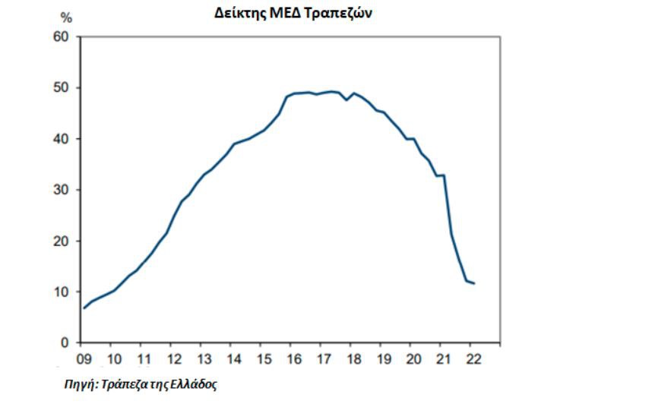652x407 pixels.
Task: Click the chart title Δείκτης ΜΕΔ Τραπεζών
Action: (293, 12)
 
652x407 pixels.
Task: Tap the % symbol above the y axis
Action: (66, 18)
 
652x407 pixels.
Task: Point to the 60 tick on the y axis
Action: (60, 37)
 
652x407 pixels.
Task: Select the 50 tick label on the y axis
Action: (60, 88)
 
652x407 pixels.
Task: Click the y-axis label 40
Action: (60, 139)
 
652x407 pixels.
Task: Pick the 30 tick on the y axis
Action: (60, 190)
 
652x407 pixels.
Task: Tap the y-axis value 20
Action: (60, 241)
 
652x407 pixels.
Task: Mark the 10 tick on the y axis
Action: (60, 292)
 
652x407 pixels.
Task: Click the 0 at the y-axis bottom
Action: (65, 342)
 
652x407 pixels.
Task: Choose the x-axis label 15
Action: (262, 358)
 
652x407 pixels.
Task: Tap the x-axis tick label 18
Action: (352, 358)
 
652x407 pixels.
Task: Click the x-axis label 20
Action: (411, 358)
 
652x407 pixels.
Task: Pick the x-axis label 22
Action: (471, 358)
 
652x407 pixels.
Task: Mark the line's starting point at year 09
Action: (84, 308)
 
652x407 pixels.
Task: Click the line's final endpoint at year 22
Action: (475, 283)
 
